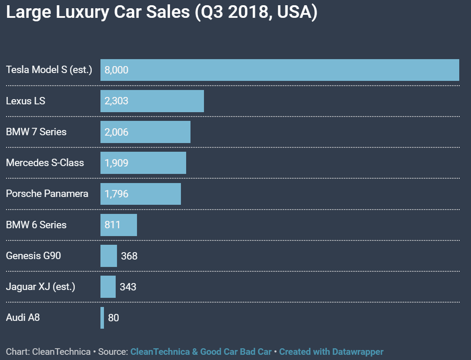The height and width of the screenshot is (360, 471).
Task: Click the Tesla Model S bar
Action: (x=280, y=70)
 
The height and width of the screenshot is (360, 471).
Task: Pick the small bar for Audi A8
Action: (x=102, y=318)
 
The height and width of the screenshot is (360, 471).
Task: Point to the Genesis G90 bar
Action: (x=109, y=256)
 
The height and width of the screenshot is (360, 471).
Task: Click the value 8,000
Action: (x=117, y=70)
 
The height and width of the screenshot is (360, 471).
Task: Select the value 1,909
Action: (x=117, y=163)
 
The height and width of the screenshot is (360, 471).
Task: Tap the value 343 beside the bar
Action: (x=128, y=287)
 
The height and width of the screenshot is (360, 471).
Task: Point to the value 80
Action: (x=114, y=318)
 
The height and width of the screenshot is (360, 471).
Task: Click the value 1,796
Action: (x=117, y=194)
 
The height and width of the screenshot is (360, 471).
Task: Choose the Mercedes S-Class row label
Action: (x=45, y=163)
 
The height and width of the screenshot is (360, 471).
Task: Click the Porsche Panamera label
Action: (x=47, y=194)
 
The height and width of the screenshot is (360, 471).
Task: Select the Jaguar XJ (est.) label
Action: (x=40, y=287)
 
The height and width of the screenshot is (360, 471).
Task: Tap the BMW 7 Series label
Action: (x=36, y=132)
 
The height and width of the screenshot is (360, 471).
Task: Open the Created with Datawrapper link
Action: (x=331, y=351)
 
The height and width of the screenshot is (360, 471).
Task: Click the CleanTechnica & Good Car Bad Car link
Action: (x=201, y=351)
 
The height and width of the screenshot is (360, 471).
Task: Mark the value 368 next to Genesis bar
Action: (x=129, y=256)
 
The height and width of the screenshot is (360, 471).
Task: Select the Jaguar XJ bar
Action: (x=108, y=287)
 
